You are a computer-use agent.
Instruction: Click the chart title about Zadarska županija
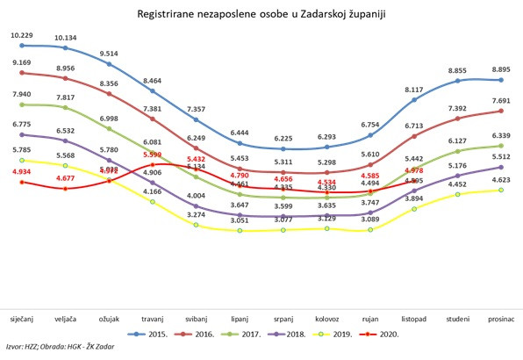coord(261,14)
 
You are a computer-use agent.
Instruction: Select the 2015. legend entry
coord(154,334)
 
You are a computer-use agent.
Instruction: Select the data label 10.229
coord(22,35)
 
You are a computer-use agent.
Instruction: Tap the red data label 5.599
coord(153,155)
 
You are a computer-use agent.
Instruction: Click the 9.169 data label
coord(22,62)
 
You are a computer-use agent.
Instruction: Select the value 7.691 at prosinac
coord(500,101)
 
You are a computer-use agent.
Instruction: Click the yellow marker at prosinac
coord(500,190)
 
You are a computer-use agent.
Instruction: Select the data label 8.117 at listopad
coord(414,90)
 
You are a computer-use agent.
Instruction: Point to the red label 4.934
coord(22,173)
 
